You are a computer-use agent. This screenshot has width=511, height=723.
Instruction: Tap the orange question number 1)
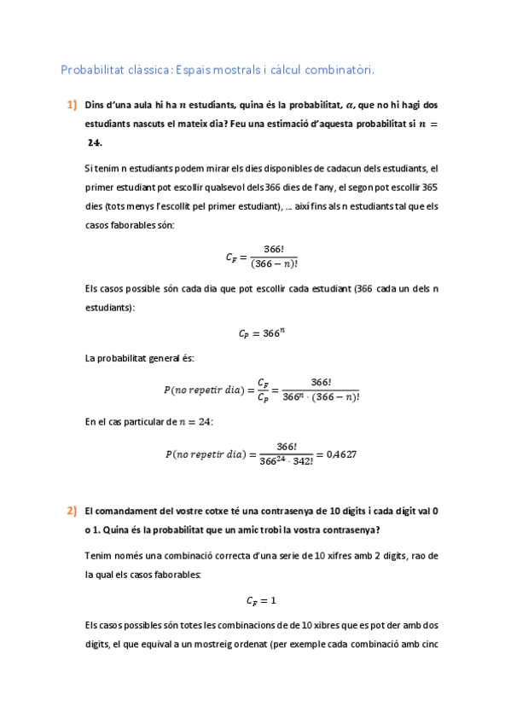[72, 106]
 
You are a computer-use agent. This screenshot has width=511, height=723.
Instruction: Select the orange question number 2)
[72, 512]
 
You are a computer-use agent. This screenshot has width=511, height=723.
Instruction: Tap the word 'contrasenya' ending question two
[348, 530]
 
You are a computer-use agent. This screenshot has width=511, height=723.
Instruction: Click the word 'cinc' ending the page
[429, 645]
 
